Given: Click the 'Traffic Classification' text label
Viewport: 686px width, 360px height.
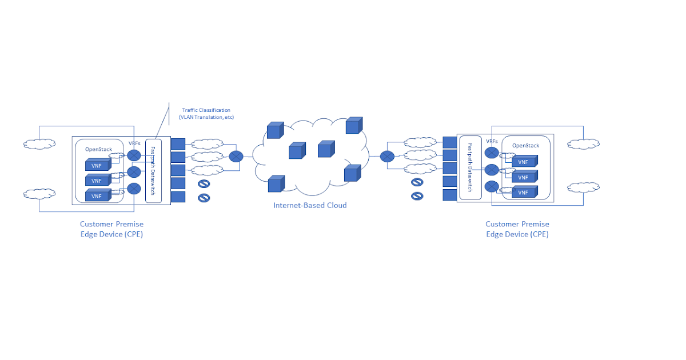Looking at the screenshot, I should click(x=206, y=110).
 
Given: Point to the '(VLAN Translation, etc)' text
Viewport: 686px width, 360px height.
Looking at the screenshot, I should click(x=206, y=117).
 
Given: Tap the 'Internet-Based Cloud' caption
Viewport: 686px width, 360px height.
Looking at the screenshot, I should click(x=310, y=205).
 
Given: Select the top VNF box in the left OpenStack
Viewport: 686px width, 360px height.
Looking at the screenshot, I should click(x=97, y=165).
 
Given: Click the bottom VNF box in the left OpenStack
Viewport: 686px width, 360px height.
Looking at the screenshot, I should click(x=97, y=195).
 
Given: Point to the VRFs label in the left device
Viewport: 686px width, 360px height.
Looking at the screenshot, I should click(x=134, y=143).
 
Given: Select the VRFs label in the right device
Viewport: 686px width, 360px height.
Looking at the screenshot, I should click(x=492, y=141).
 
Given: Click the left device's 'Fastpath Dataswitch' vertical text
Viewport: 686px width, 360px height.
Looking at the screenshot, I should click(x=153, y=170).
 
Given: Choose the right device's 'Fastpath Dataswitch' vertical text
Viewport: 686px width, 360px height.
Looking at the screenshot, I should click(x=469, y=167).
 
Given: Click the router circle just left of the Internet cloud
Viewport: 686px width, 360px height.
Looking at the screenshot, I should click(x=236, y=156).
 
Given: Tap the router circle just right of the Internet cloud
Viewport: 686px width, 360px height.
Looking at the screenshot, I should click(x=387, y=156).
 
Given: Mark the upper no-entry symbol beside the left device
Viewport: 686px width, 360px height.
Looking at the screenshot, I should click(x=203, y=184).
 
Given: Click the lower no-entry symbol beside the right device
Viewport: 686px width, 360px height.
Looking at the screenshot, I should click(x=417, y=196).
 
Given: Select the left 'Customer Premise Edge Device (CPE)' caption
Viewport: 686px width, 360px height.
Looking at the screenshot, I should click(x=111, y=229).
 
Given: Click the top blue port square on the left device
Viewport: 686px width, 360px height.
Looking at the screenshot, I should click(x=178, y=143).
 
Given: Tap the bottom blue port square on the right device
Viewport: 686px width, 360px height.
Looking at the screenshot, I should click(x=450, y=195).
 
